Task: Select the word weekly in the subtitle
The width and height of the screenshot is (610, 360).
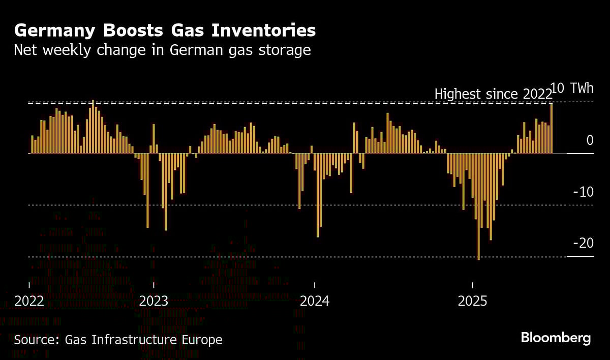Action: [69, 51]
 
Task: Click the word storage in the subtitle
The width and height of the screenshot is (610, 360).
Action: [285, 51]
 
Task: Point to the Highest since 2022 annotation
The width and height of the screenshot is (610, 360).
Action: [493, 94]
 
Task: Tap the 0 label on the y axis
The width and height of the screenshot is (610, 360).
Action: [590, 140]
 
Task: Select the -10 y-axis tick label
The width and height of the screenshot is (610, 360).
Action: [583, 192]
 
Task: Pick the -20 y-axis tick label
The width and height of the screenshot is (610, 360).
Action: [583, 244]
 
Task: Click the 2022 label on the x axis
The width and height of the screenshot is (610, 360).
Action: [29, 301]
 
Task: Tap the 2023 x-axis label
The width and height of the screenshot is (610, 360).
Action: [154, 301]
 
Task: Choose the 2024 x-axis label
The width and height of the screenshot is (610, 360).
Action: [315, 301]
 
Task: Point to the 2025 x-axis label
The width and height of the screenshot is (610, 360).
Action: [472, 301]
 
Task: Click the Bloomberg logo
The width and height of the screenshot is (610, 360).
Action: [556, 338]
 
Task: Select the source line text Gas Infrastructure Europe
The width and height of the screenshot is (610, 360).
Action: [144, 340]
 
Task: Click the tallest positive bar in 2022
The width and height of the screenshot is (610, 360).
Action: [93, 127]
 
